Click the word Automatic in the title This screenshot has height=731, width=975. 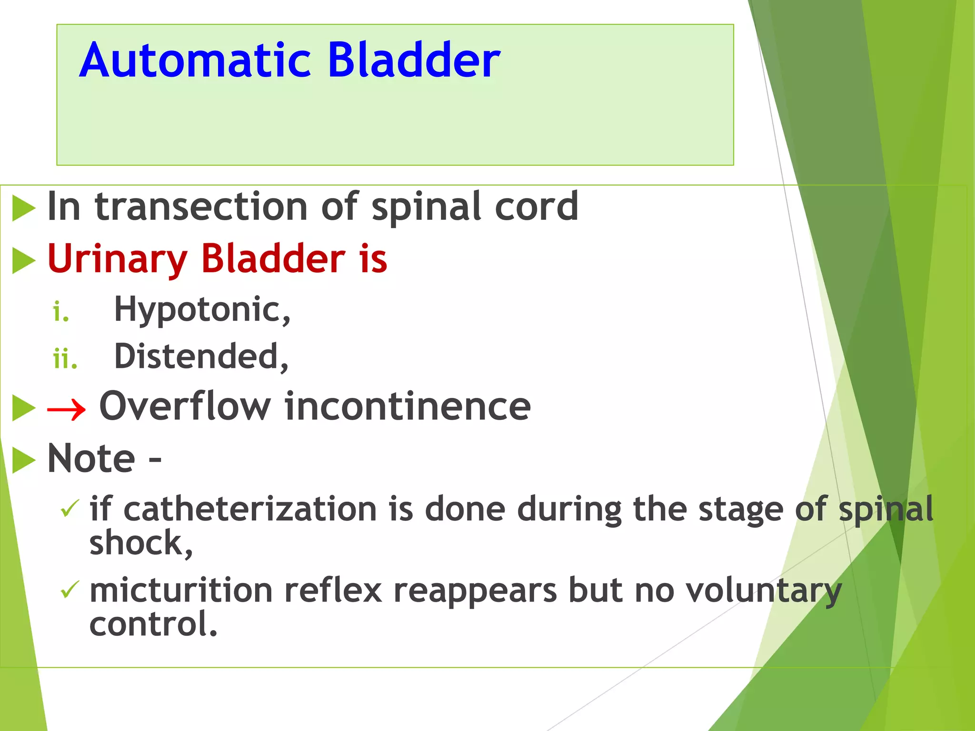(195, 60)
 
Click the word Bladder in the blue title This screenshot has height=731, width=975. (414, 60)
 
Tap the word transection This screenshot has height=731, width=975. (201, 207)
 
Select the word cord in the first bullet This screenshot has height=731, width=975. (537, 207)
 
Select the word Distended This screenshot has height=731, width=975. (200, 356)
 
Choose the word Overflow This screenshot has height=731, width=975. (185, 406)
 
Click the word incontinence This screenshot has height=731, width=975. (408, 406)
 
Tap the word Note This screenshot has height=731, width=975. (91, 458)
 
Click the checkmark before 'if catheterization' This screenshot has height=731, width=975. (70, 509)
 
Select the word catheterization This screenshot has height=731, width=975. (250, 509)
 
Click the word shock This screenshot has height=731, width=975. (140, 543)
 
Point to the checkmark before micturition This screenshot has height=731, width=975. (70, 590)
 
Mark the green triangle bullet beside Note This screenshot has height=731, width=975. (23, 460)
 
